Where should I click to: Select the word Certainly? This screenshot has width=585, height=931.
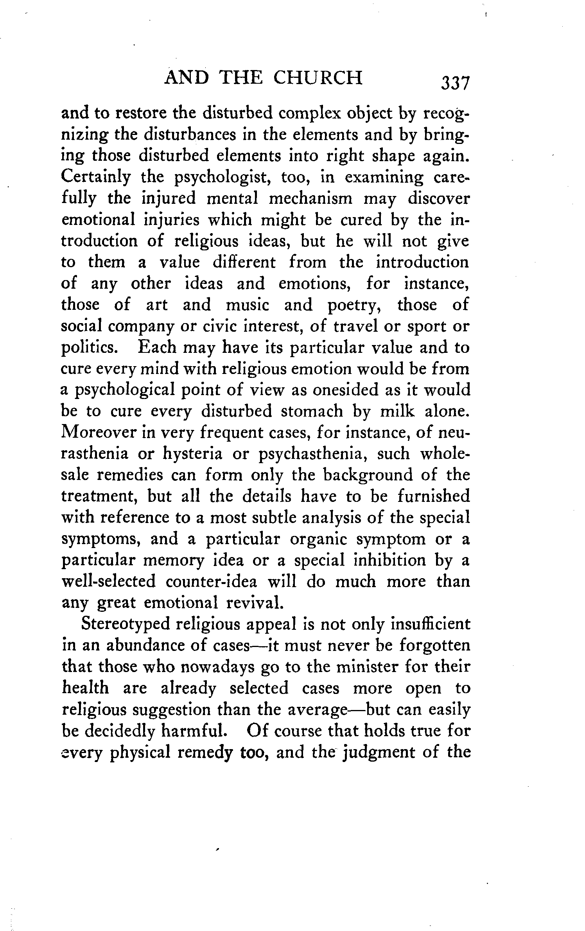pos(96,177)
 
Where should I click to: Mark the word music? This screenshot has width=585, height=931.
pos(248,304)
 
